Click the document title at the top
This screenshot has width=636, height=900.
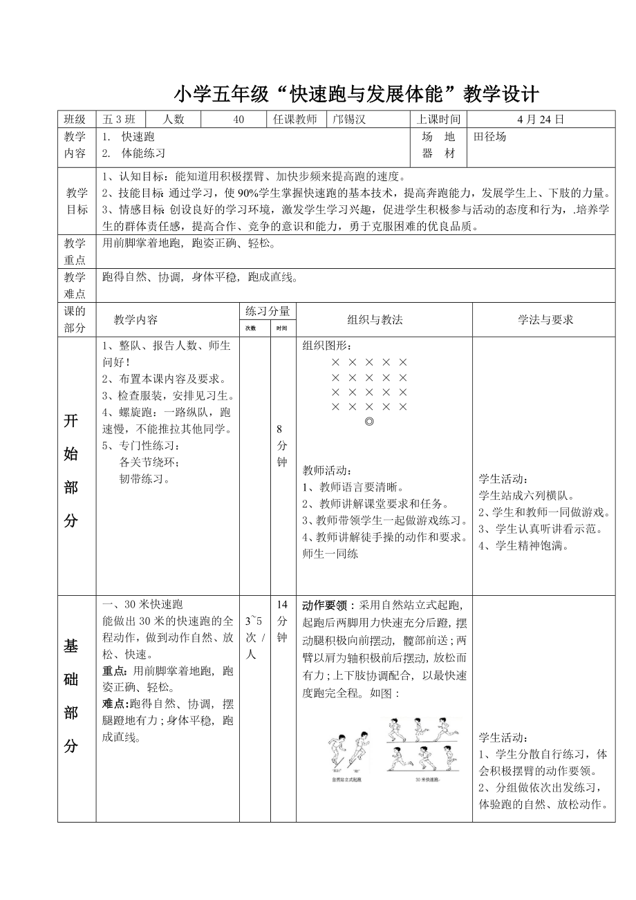point(355,93)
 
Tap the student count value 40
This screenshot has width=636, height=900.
point(238,119)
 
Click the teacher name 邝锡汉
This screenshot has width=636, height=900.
point(349,119)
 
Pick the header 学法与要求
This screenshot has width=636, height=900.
point(545,319)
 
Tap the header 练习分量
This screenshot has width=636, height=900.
point(268,311)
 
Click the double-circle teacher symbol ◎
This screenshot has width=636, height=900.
point(369,422)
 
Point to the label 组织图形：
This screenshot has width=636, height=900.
point(330,346)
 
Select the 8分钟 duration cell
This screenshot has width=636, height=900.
point(282,446)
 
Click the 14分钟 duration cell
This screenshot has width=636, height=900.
point(282,621)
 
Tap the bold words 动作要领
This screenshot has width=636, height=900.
point(328,605)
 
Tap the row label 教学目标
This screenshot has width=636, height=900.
point(76,200)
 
